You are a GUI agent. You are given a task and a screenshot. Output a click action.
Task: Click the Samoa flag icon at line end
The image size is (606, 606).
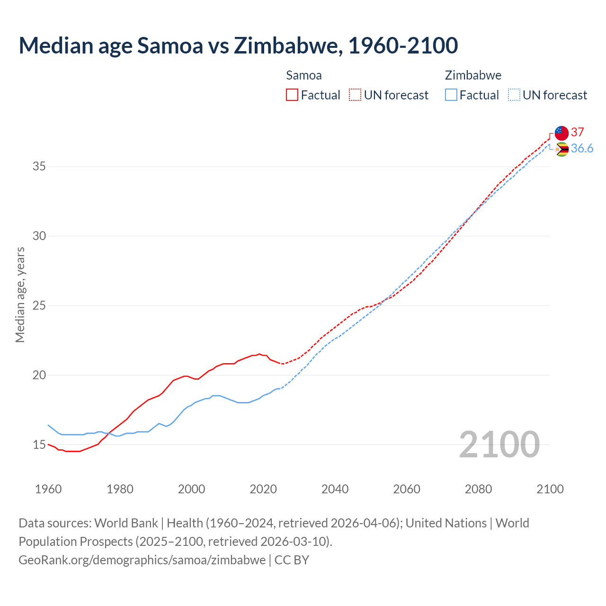(561, 133)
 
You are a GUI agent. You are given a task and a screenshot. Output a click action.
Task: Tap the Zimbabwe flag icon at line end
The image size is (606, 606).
(561, 150)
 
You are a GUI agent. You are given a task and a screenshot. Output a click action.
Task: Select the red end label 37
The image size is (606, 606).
(578, 132)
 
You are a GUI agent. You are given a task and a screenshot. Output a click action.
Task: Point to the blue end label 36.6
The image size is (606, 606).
(582, 149)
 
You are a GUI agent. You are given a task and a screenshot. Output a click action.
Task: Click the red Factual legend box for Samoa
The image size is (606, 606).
(292, 95)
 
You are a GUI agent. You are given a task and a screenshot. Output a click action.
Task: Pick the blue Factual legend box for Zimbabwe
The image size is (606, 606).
(451, 95)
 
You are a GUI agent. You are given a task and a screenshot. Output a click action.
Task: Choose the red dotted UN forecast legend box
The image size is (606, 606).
(355, 95)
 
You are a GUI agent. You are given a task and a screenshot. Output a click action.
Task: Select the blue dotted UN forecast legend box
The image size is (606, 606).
(514, 95)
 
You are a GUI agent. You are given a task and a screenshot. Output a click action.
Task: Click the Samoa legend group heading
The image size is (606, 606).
(303, 75)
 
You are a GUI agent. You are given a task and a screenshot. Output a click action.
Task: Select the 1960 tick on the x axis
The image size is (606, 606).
(48, 489)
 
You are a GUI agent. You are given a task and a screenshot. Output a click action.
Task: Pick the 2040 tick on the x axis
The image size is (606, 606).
(335, 489)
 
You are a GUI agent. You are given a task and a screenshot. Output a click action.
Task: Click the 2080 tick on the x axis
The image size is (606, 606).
(478, 489)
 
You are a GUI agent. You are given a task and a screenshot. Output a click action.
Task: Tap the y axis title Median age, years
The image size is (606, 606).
(20, 294)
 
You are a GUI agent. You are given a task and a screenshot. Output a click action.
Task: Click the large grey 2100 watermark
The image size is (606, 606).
(499, 444)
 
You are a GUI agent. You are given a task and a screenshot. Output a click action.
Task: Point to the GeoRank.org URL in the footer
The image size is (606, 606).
(142, 560)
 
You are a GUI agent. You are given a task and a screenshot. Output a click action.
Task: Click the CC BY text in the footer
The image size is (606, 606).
(292, 560)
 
